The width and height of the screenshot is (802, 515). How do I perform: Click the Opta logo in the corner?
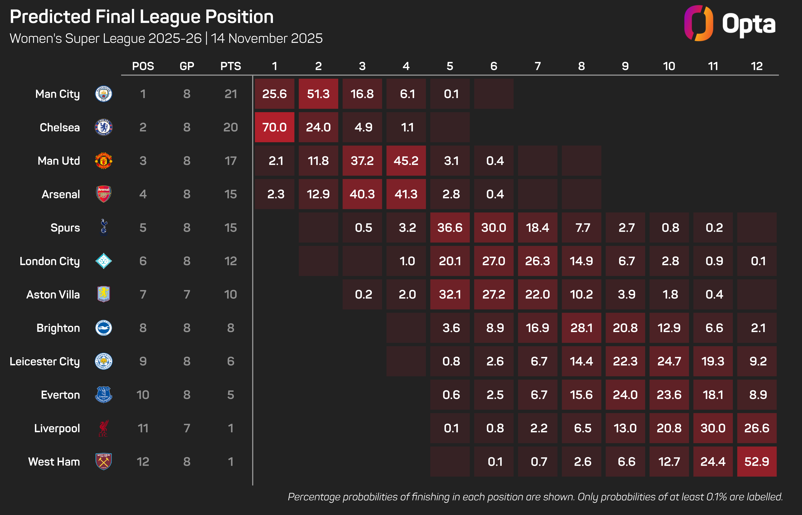730,23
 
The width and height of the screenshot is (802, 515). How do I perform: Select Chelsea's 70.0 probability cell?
274,127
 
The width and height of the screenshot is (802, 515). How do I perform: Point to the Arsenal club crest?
103,194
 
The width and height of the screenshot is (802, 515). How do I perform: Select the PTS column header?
231,66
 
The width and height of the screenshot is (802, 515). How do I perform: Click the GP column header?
187,66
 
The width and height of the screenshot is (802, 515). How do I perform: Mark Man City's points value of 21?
231,94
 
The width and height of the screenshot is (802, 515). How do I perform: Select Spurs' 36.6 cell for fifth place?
450,227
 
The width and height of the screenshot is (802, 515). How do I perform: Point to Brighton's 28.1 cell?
581,328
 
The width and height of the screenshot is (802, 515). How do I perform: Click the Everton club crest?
103,395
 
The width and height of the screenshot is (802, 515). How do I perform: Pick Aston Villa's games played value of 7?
187,294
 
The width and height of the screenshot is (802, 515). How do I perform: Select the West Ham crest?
103,461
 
